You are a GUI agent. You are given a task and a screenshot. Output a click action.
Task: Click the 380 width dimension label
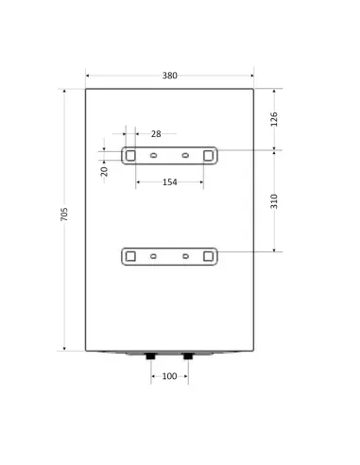[x=170, y=75]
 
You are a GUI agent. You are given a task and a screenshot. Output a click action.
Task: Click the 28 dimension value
[x=156, y=134]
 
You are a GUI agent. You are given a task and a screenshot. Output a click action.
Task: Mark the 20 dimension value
[x=105, y=170]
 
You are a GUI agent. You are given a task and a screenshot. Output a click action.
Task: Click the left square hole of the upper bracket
[x=131, y=154]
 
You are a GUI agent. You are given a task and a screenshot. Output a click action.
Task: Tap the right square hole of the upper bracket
[x=208, y=154]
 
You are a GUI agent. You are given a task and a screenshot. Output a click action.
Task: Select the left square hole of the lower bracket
[x=131, y=255]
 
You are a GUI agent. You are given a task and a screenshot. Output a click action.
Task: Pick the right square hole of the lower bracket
[x=208, y=255]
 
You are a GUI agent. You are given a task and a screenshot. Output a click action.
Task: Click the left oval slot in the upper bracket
[x=154, y=154]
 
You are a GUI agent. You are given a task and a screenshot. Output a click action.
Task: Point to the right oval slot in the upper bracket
[x=185, y=154]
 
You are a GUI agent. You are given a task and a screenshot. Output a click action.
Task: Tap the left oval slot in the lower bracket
[x=154, y=255]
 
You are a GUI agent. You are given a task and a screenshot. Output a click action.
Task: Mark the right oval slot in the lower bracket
[x=185, y=255]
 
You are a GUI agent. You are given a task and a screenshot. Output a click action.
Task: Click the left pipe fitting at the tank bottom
[x=153, y=357]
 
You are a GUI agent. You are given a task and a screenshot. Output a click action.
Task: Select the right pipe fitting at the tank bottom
[x=186, y=357]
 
